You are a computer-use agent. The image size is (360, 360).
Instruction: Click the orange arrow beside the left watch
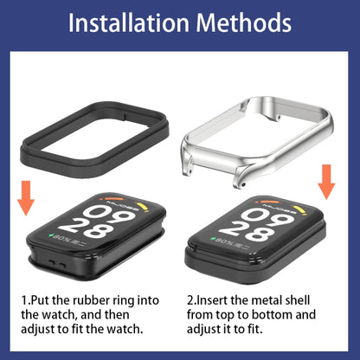(27, 197)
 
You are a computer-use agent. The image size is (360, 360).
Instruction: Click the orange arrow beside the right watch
(326, 181)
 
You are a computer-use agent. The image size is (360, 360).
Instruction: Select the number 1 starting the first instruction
(24, 299)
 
